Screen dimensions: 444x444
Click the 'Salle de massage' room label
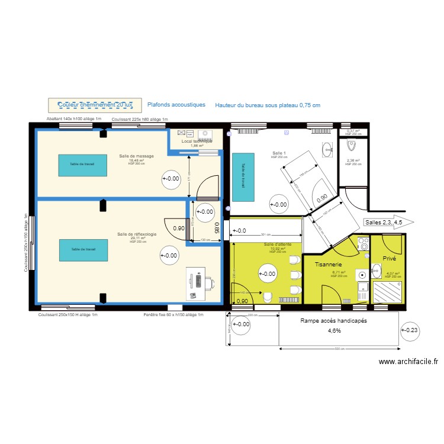click(136, 156)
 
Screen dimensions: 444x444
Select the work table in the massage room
click(82, 165)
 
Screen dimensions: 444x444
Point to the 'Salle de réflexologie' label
click(137, 234)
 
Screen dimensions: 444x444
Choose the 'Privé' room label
click(389, 259)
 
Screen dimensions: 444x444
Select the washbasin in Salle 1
click(327, 147)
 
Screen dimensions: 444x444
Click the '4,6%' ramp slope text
click(335, 330)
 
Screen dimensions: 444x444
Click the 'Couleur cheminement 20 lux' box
click(95, 105)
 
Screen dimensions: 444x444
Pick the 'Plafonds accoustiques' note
click(176, 104)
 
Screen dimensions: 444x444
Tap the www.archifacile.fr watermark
click(408, 362)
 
